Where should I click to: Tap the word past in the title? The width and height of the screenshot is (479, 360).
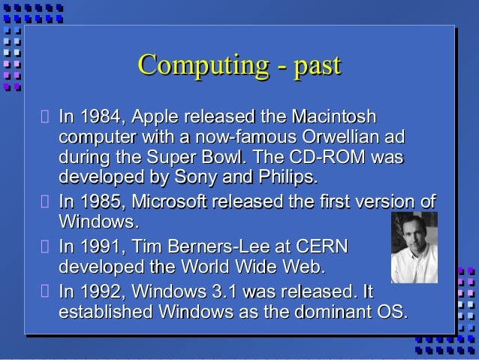[x=316, y=65]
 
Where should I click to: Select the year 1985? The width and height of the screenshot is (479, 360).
[x=103, y=202]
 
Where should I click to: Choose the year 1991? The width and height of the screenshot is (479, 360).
[x=103, y=247]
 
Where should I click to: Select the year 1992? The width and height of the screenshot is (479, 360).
[x=103, y=291]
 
